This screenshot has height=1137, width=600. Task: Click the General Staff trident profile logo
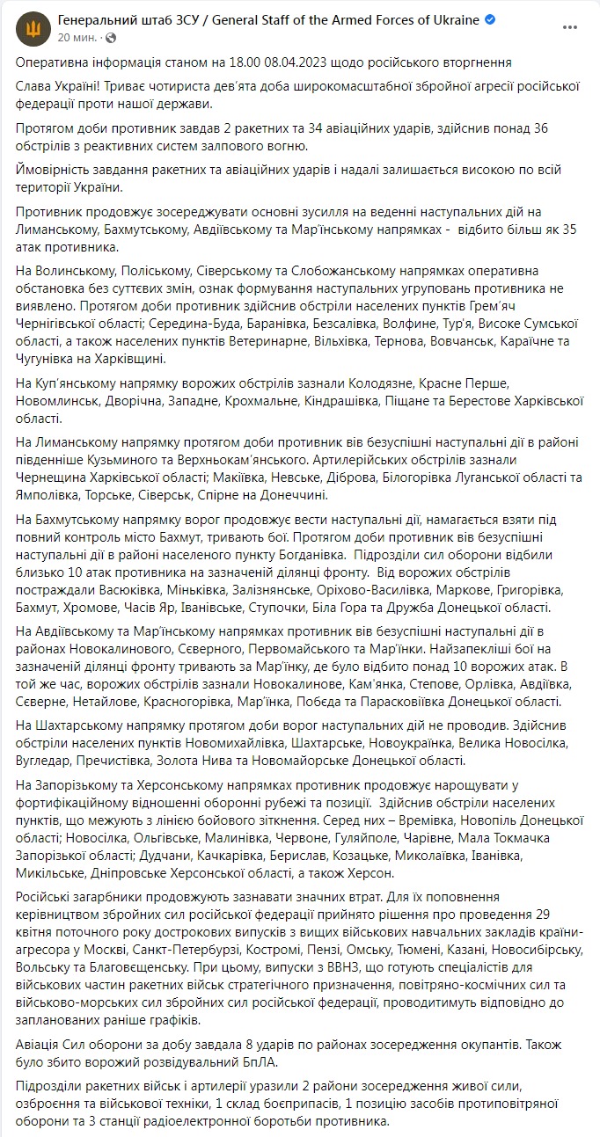click(x=33, y=29)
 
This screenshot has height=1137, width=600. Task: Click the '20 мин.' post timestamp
click(x=76, y=38)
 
